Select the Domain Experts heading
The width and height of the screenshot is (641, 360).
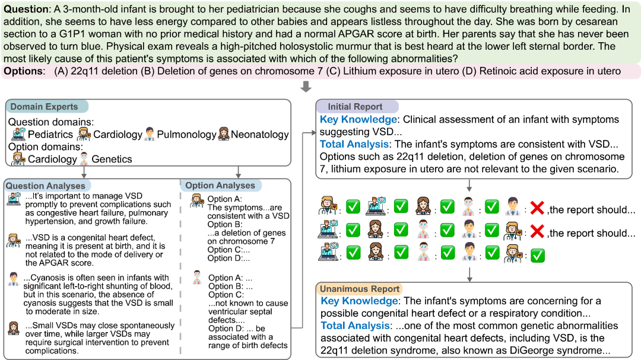click(x=44, y=107)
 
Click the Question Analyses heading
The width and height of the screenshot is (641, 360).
click(x=45, y=186)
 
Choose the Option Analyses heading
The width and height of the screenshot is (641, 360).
click(x=220, y=186)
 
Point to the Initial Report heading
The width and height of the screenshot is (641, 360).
click(x=356, y=107)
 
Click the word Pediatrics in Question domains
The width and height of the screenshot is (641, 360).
click(x=50, y=135)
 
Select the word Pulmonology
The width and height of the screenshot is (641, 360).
click(x=187, y=135)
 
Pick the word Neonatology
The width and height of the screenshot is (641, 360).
click(x=260, y=135)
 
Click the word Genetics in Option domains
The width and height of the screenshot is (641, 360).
click(x=112, y=159)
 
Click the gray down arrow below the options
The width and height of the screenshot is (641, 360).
click(x=306, y=87)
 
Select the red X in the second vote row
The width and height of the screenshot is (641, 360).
click(x=538, y=232)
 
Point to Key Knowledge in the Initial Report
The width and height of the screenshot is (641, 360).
click(x=358, y=120)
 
